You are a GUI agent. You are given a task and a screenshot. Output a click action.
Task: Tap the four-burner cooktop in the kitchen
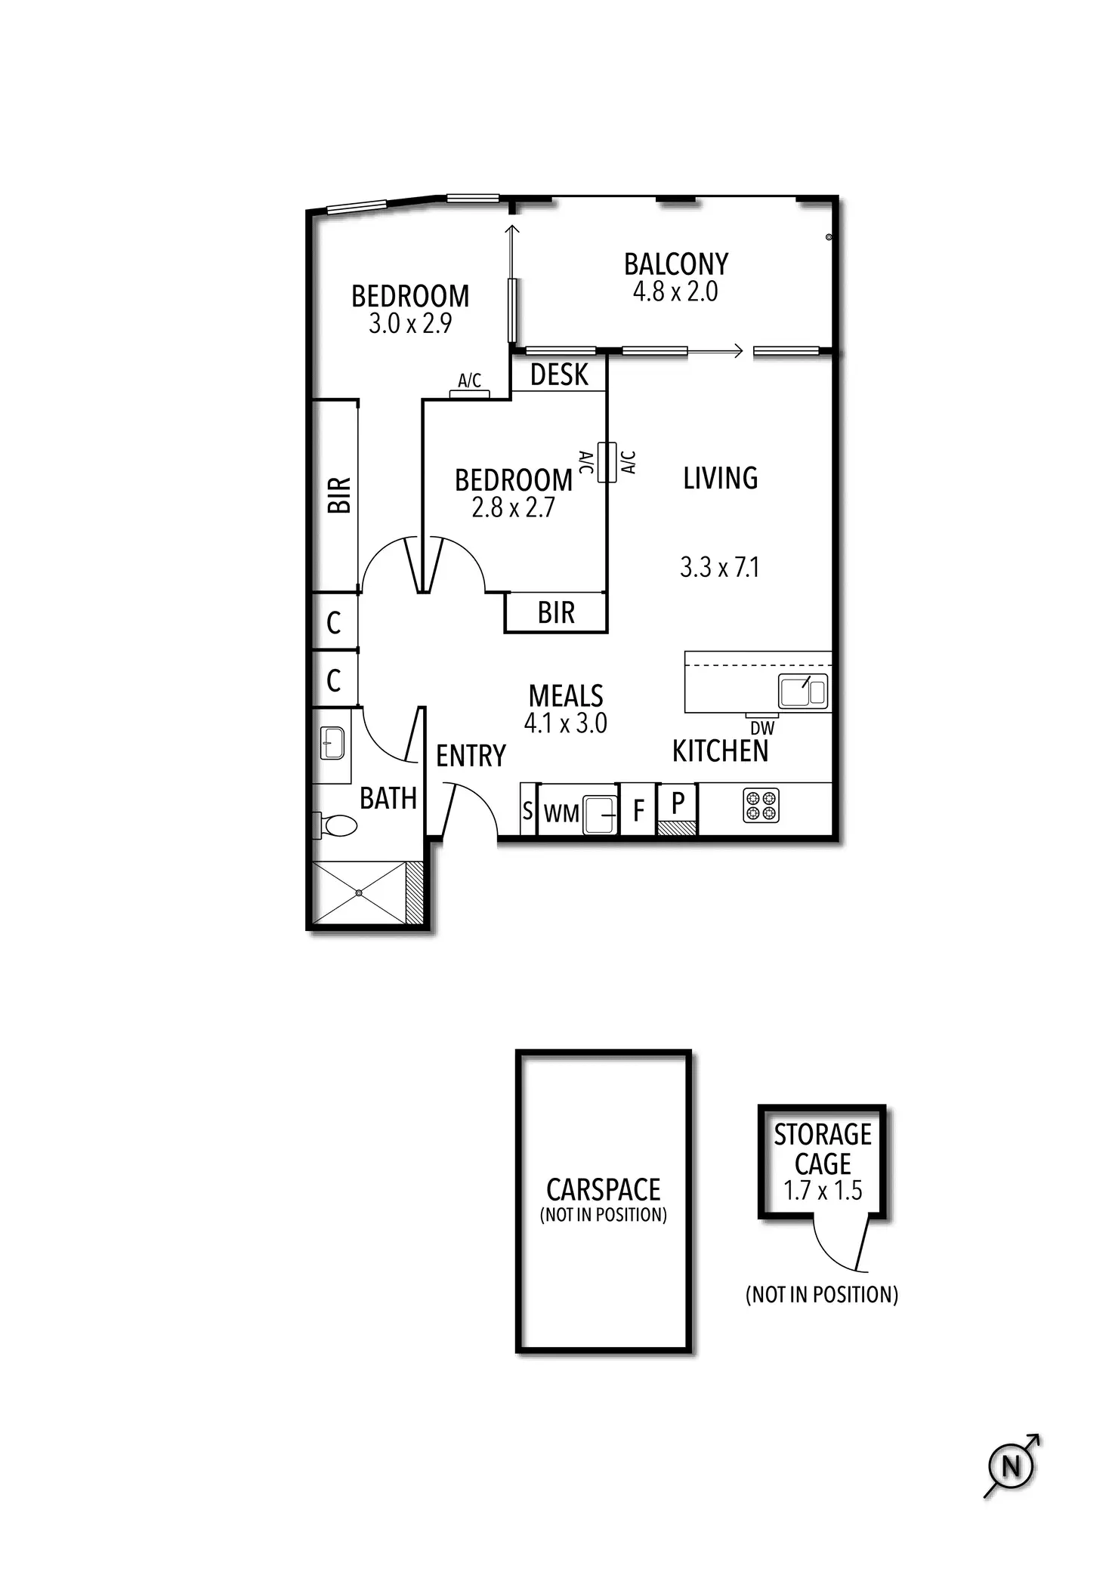click(761, 806)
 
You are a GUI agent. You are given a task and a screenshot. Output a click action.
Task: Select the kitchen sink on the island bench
click(803, 691)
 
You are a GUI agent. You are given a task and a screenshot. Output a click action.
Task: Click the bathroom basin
click(332, 743)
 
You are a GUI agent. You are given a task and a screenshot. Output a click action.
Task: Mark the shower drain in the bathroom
click(359, 893)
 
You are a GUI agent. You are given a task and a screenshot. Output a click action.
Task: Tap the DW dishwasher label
click(762, 729)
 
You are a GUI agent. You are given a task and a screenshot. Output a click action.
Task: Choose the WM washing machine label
click(561, 813)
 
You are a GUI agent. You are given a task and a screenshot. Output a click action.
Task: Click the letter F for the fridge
click(638, 812)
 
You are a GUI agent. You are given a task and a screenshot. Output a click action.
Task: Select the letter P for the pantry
click(678, 802)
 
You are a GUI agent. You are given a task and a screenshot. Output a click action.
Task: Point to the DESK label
click(559, 375)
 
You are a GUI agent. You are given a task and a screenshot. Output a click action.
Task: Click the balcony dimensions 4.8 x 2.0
click(675, 291)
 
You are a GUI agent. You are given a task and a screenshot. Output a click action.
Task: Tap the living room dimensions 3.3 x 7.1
click(719, 567)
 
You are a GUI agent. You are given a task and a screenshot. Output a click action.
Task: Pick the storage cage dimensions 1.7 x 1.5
click(823, 1191)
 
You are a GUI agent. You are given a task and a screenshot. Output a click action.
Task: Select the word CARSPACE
click(603, 1189)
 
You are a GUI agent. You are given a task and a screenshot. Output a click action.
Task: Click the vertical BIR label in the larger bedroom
click(340, 495)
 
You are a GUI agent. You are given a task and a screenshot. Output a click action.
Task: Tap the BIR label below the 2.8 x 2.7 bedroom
click(556, 612)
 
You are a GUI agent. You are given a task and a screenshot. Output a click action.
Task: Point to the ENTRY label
click(471, 755)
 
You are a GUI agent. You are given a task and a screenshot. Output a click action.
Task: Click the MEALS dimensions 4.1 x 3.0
click(565, 723)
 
